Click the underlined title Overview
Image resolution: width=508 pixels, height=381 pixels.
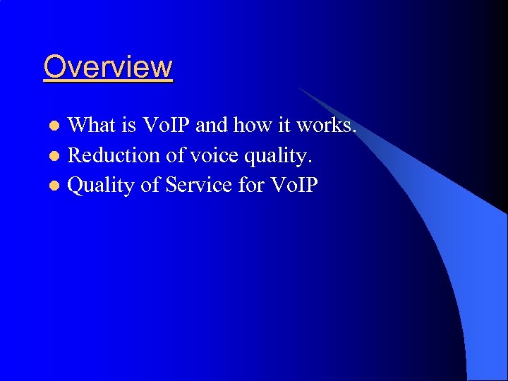pos(108,67)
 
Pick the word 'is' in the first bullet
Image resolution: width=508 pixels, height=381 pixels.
pos(129,126)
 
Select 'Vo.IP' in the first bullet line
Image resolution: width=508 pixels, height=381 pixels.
pos(167,126)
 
